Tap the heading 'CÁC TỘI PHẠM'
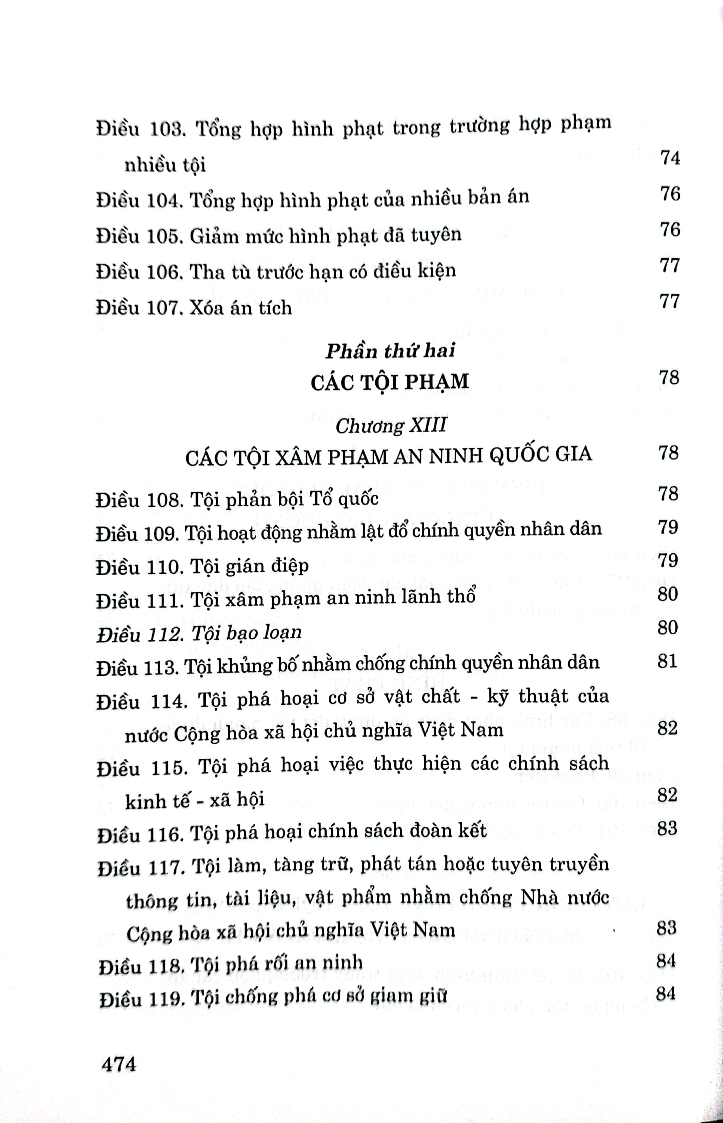390,382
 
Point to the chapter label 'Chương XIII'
391,426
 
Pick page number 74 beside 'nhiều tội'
670,158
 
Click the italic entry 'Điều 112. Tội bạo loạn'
199,633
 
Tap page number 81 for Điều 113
667,661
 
